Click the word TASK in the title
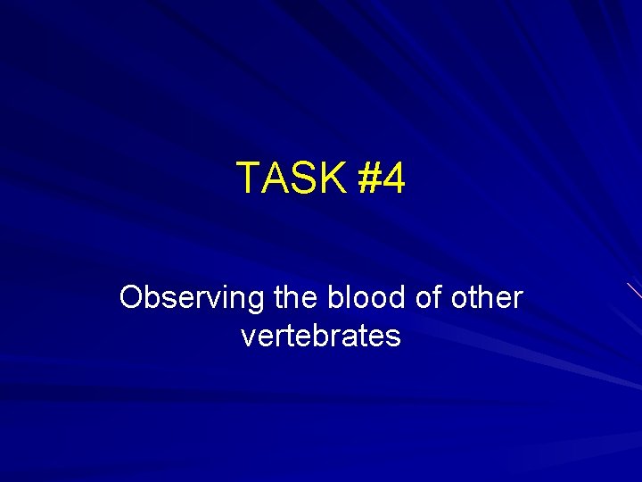291,179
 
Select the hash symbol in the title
369,179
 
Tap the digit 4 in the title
394,179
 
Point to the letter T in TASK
247,179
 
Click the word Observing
192,298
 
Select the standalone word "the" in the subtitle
296,297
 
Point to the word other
486,297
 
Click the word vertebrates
321,337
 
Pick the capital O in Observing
131,297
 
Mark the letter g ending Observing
255,301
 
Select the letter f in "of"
439,296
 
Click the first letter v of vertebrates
248,338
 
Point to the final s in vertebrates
394,338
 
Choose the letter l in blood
346,296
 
